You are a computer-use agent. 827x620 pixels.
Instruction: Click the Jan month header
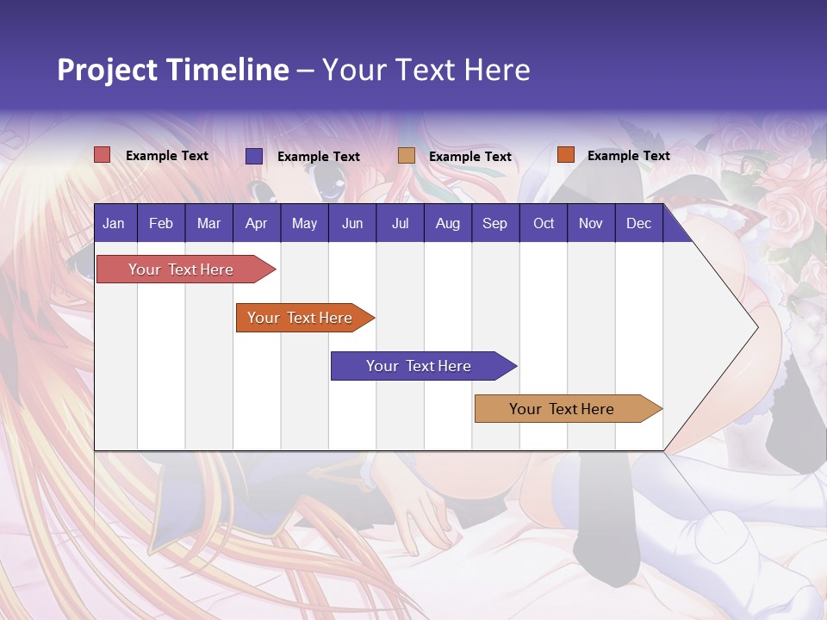114,224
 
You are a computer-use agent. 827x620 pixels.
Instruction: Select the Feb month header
161,224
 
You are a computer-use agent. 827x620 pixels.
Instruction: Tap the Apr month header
256,224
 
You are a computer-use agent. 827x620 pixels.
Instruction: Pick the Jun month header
352,224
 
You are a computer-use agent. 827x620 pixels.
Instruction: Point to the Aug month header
447,224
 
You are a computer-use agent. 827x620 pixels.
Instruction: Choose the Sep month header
494,224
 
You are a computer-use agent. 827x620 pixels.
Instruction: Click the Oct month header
544,224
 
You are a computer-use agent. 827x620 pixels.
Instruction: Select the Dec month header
638,224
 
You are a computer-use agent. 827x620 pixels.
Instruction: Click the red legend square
103,155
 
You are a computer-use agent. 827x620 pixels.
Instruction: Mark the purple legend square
254,156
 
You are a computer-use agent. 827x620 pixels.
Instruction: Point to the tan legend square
407,156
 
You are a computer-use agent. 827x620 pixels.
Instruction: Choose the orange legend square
565,155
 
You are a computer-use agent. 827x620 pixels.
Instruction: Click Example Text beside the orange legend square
628,156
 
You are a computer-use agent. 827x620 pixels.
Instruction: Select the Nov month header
591,224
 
